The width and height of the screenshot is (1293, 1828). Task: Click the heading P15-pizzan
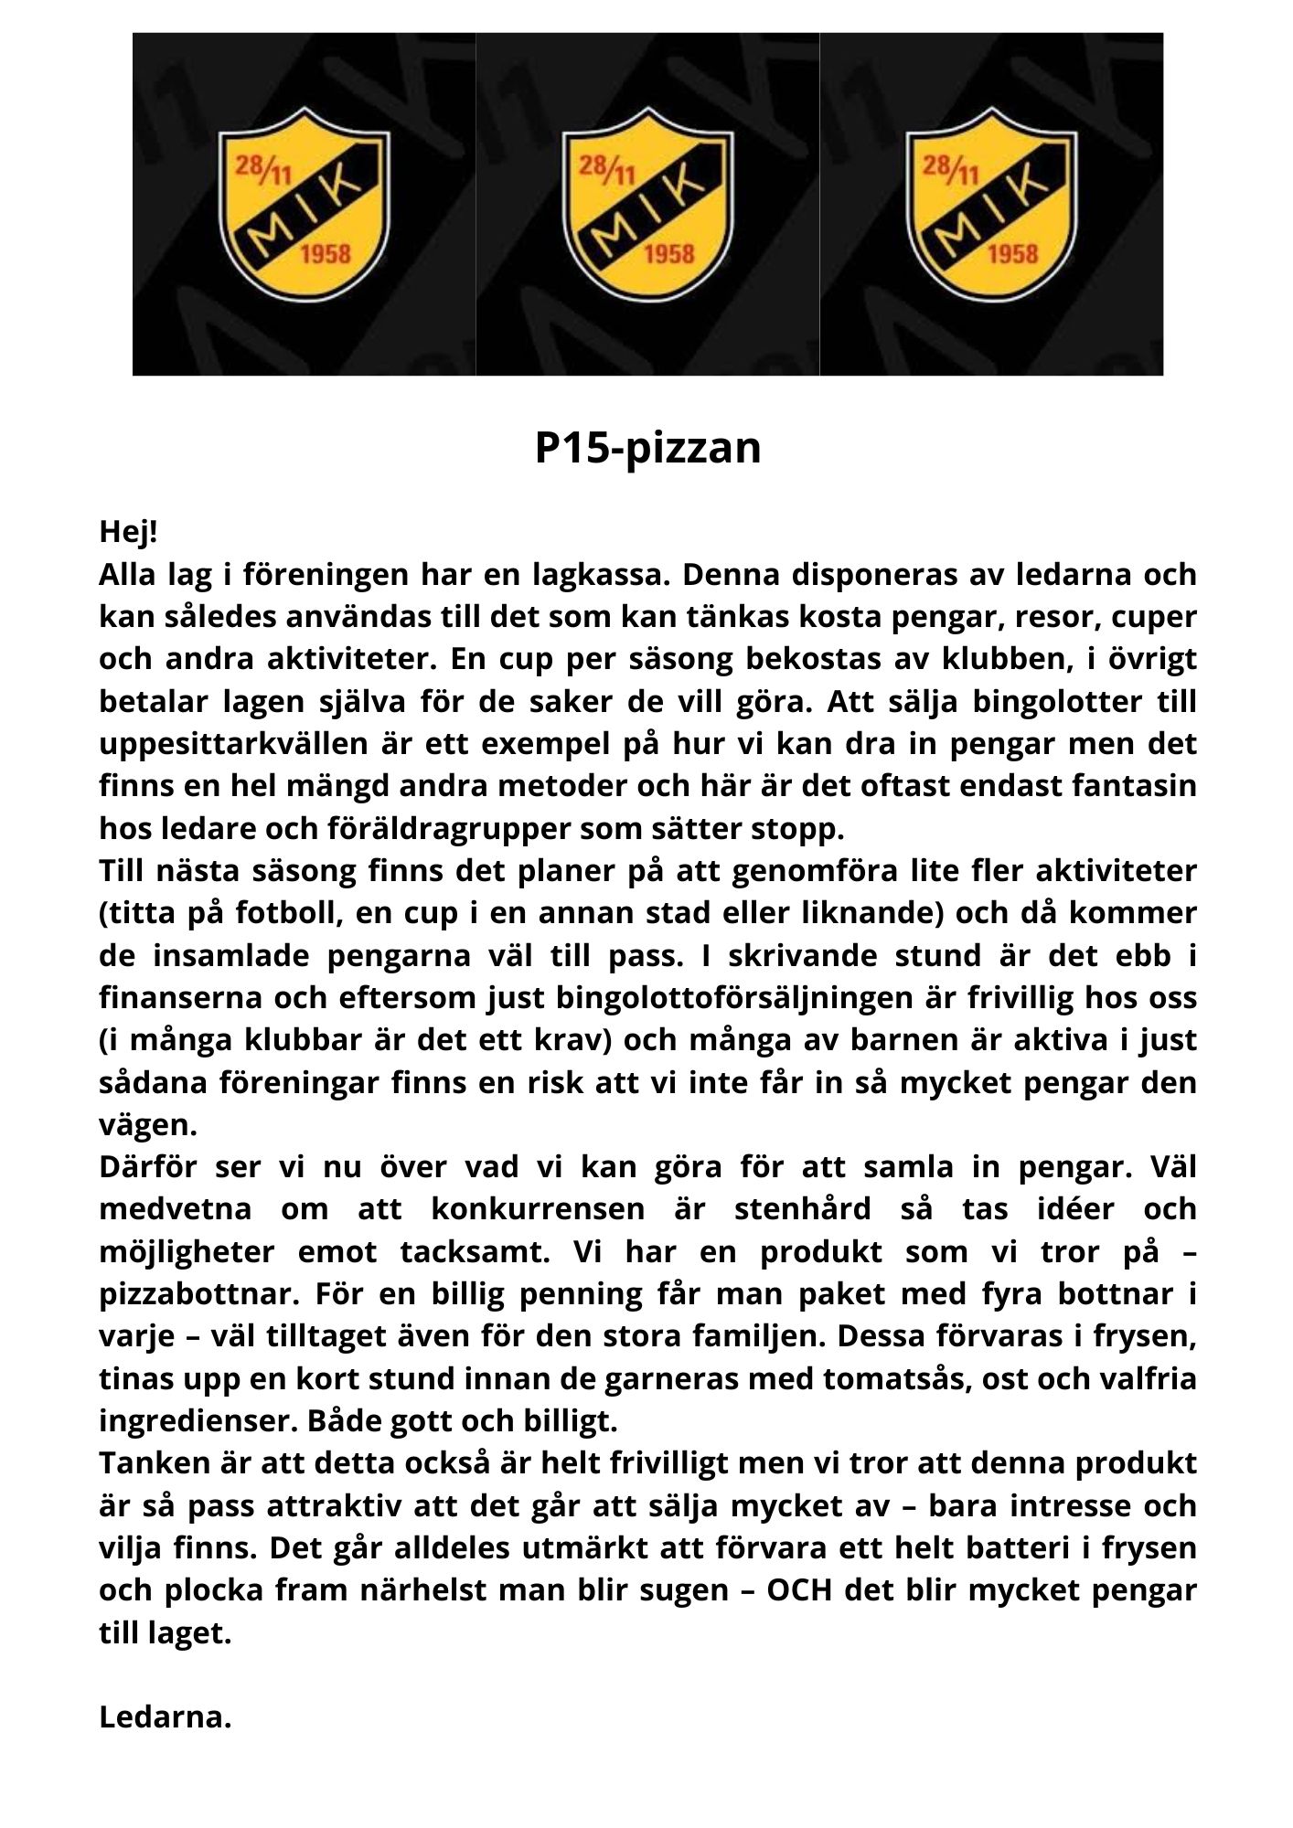646,448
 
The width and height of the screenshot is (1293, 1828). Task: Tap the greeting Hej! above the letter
128,532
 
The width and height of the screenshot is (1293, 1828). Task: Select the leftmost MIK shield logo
303,205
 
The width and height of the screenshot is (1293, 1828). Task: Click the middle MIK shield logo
646,205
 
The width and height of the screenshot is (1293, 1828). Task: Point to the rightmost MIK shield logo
990,205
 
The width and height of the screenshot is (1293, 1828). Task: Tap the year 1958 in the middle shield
668,254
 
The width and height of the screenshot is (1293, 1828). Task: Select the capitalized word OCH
799,1589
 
